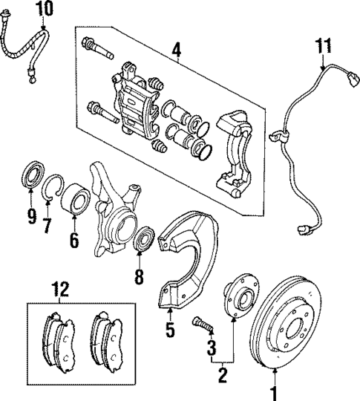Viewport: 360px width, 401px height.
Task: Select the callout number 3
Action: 212,347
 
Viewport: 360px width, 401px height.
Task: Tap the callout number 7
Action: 47,224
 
